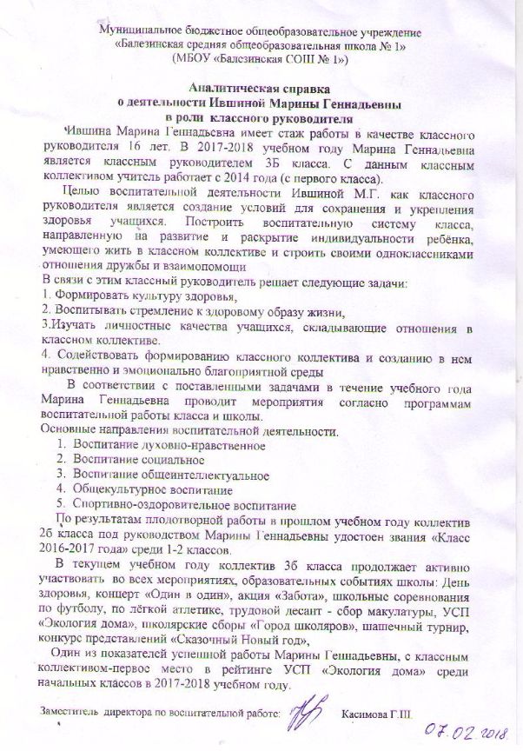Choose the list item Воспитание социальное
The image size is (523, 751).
click(139, 461)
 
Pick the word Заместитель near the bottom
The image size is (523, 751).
click(68, 712)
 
